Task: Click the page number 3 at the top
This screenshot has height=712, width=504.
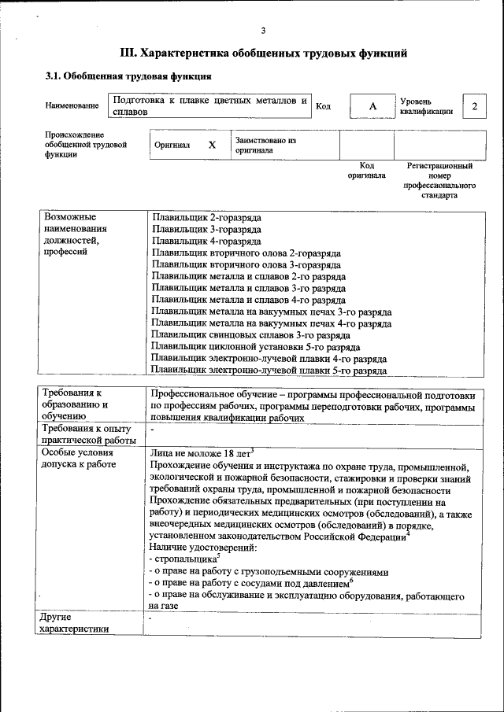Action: coord(263,31)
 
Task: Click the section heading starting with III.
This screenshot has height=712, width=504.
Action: coord(263,53)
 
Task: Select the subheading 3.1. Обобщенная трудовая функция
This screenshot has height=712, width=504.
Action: coord(127,77)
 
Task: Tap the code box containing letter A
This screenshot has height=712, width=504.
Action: coord(372,106)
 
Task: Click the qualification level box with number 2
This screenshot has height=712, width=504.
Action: coord(473,106)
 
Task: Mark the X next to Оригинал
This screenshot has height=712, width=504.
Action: coord(212,146)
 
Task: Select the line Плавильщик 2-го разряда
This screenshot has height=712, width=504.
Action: coord(206,216)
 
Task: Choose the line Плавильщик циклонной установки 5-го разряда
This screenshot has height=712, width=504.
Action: coord(256,346)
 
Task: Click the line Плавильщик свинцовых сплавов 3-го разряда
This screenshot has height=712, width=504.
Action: coord(250,334)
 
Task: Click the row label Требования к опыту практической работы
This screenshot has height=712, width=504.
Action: coord(90,433)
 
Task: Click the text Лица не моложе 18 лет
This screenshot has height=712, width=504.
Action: coord(199,453)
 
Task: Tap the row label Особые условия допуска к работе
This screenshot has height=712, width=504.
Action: coord(79,459)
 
